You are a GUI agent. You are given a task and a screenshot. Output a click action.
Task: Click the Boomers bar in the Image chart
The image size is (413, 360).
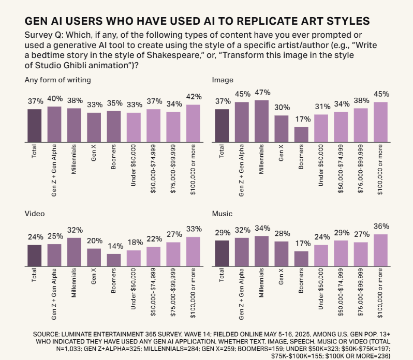click(301, 134)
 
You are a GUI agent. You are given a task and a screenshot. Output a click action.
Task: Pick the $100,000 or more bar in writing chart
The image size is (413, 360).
click(193, 123)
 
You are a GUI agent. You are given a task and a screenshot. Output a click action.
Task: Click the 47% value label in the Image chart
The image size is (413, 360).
click(261, 93)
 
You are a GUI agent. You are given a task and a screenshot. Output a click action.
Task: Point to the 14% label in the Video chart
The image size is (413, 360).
click(113, 247)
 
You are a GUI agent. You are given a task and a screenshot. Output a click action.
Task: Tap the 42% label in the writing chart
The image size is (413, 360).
click(193, 97)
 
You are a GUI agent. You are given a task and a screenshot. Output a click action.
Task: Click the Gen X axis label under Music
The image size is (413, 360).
click(281, 278)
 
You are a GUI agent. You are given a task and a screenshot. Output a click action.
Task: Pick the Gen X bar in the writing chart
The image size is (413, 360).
click(94, 127)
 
